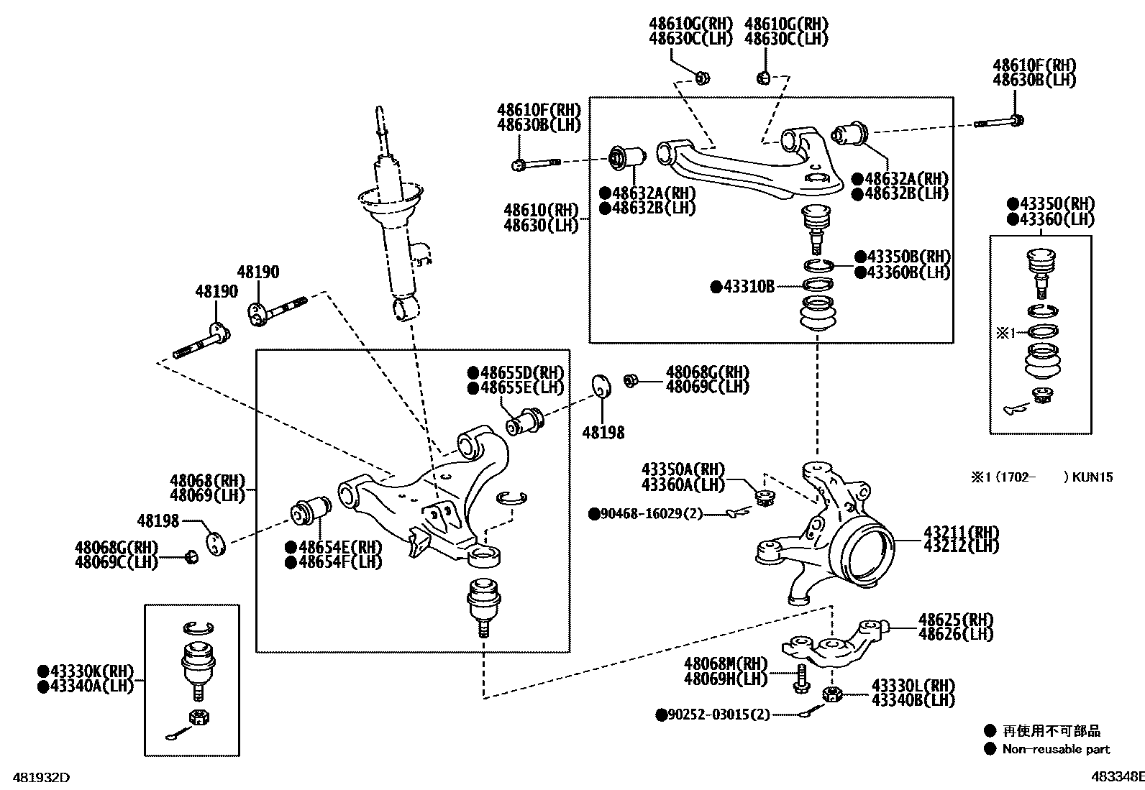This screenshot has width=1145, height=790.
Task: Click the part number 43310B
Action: (749, 287)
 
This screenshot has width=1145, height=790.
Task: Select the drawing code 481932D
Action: (36, 777)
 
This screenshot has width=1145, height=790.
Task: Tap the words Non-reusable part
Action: (1056, 749)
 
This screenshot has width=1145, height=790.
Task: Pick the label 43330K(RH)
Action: (92, 671)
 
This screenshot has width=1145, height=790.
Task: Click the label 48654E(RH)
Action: (340, 547)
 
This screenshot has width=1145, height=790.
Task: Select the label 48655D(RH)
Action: (521, 372)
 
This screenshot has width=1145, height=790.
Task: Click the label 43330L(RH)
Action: (913, 685)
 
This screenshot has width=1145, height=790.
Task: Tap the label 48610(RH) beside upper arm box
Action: (541, 210)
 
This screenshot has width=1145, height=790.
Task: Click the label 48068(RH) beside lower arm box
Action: (208, 480)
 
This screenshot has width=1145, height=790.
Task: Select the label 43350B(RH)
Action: (908, 257)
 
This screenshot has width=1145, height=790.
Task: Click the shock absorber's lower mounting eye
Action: (406, 310)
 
